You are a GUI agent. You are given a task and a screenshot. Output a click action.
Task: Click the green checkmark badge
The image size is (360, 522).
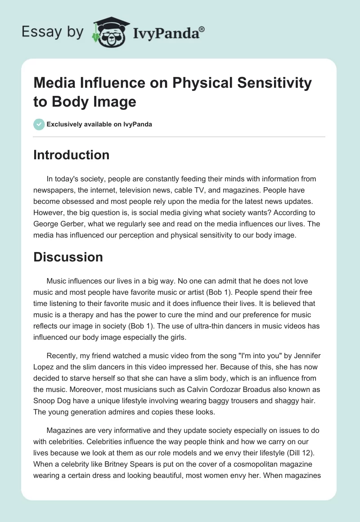(39, 124)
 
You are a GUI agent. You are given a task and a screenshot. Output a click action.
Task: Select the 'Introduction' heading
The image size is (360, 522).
(72, 155)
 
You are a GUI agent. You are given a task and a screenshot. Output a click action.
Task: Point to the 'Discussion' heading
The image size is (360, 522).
(68, 257)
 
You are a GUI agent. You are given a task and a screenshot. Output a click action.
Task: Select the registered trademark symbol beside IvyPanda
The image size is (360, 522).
(202, 29)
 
